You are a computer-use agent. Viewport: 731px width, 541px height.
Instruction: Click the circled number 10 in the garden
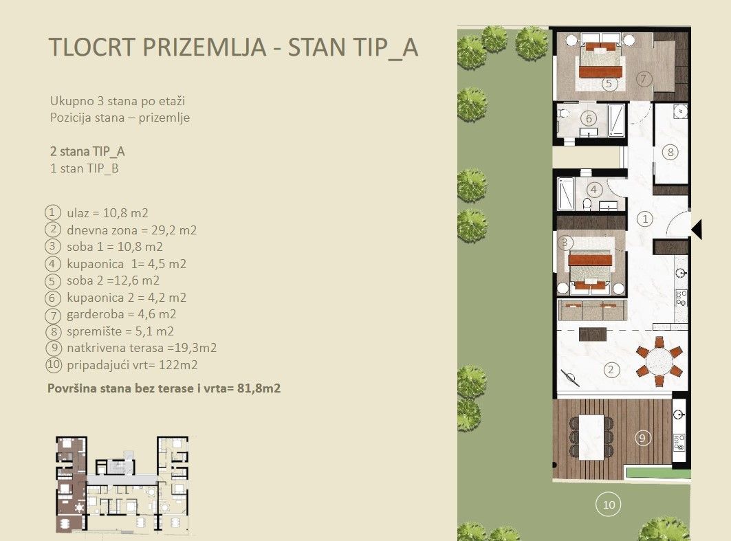(x=608, y=505)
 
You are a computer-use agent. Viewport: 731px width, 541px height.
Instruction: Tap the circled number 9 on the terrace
(x=642, y=437)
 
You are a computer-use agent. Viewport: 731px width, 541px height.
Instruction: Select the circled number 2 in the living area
(x=611, y=369)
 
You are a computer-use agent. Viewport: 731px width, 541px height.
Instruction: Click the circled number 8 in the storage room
(x=670, y=153)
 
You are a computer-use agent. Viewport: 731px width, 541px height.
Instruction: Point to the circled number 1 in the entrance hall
(x=644, y=219)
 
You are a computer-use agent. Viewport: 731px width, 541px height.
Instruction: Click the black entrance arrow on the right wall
(x=696, y=229)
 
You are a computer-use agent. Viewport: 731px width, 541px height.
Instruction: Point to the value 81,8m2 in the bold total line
(x=257, y=388)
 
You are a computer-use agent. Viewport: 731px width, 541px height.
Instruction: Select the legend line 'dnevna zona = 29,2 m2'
(x=131, y=230)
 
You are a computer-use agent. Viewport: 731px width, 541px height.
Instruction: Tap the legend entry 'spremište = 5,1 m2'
(x=120, y=332)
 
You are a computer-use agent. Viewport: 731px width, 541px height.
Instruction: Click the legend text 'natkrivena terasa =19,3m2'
(x=142, y=349)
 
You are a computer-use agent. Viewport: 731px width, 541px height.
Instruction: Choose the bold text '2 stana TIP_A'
(x=87, y=151)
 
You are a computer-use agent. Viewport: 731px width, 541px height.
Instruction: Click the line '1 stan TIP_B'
(x=85, y=168)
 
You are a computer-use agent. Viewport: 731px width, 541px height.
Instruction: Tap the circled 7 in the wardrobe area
(x=644, y=78)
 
